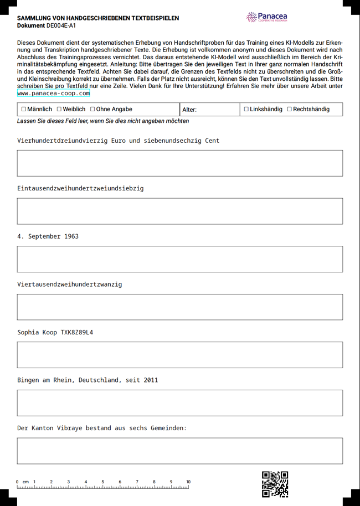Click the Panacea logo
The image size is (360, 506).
pos(267,17)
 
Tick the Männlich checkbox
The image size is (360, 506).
pos(24,109)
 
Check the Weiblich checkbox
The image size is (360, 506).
pos(59,109)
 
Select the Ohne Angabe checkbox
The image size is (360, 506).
pos(92,109)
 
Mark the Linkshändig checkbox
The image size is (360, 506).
pos(246,109)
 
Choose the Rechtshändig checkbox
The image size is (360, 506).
pos(289,109)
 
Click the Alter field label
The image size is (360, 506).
pos(189,110)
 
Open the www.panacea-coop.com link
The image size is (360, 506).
pos(54,94)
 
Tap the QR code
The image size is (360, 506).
pos(275,484)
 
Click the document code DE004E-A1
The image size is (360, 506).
pos(61,25)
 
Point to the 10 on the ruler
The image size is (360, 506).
pos(188,482)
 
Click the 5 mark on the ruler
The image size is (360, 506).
pos(102,482)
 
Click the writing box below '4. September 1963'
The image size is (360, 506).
pos(180,259)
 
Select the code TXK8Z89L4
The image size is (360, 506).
pos(77,332)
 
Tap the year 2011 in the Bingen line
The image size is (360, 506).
pos(151,380)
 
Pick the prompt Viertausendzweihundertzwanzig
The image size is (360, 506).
pos(70,285)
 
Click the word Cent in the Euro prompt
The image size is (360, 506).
pos(212,141)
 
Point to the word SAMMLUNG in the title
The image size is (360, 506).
pos(34,18)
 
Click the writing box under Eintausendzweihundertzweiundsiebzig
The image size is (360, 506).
pos(180,211)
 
